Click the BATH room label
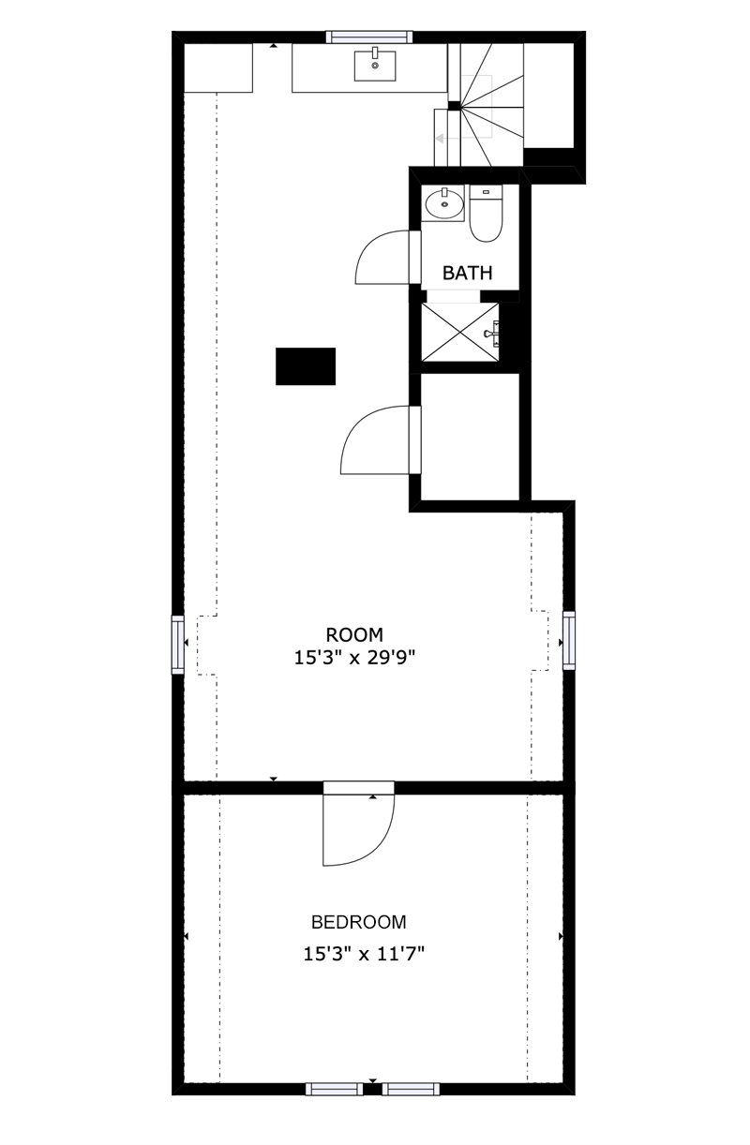point(467,274)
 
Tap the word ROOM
point(354,634)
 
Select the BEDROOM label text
point(358,921)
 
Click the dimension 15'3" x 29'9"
point(354,658)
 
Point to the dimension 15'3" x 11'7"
point(364,955)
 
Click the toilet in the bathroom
point(486,216)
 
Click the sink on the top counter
point(375,65)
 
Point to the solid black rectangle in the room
point(306,365)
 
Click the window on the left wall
point(177,644)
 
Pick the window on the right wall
point(569,640)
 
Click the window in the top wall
point(368,37)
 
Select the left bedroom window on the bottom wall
point(335,1088)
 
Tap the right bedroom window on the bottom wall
point(410,1088)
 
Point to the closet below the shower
point(470,436)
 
